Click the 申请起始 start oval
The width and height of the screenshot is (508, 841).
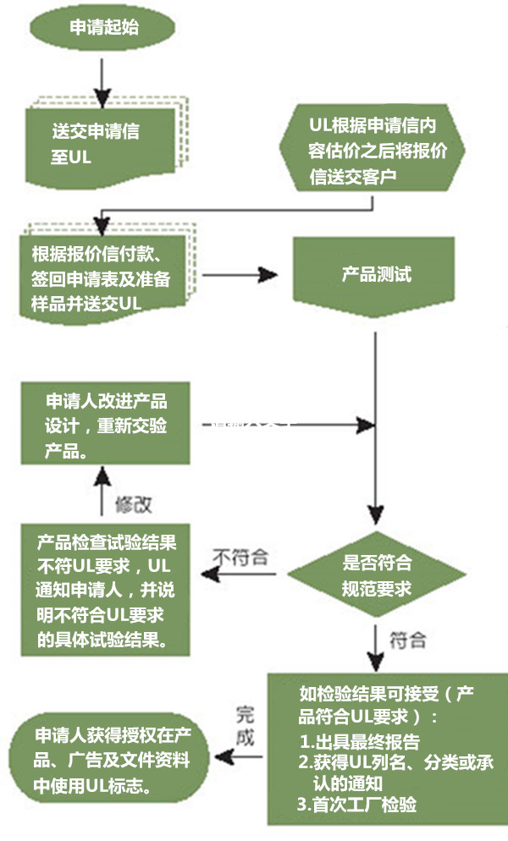[102, 29]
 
